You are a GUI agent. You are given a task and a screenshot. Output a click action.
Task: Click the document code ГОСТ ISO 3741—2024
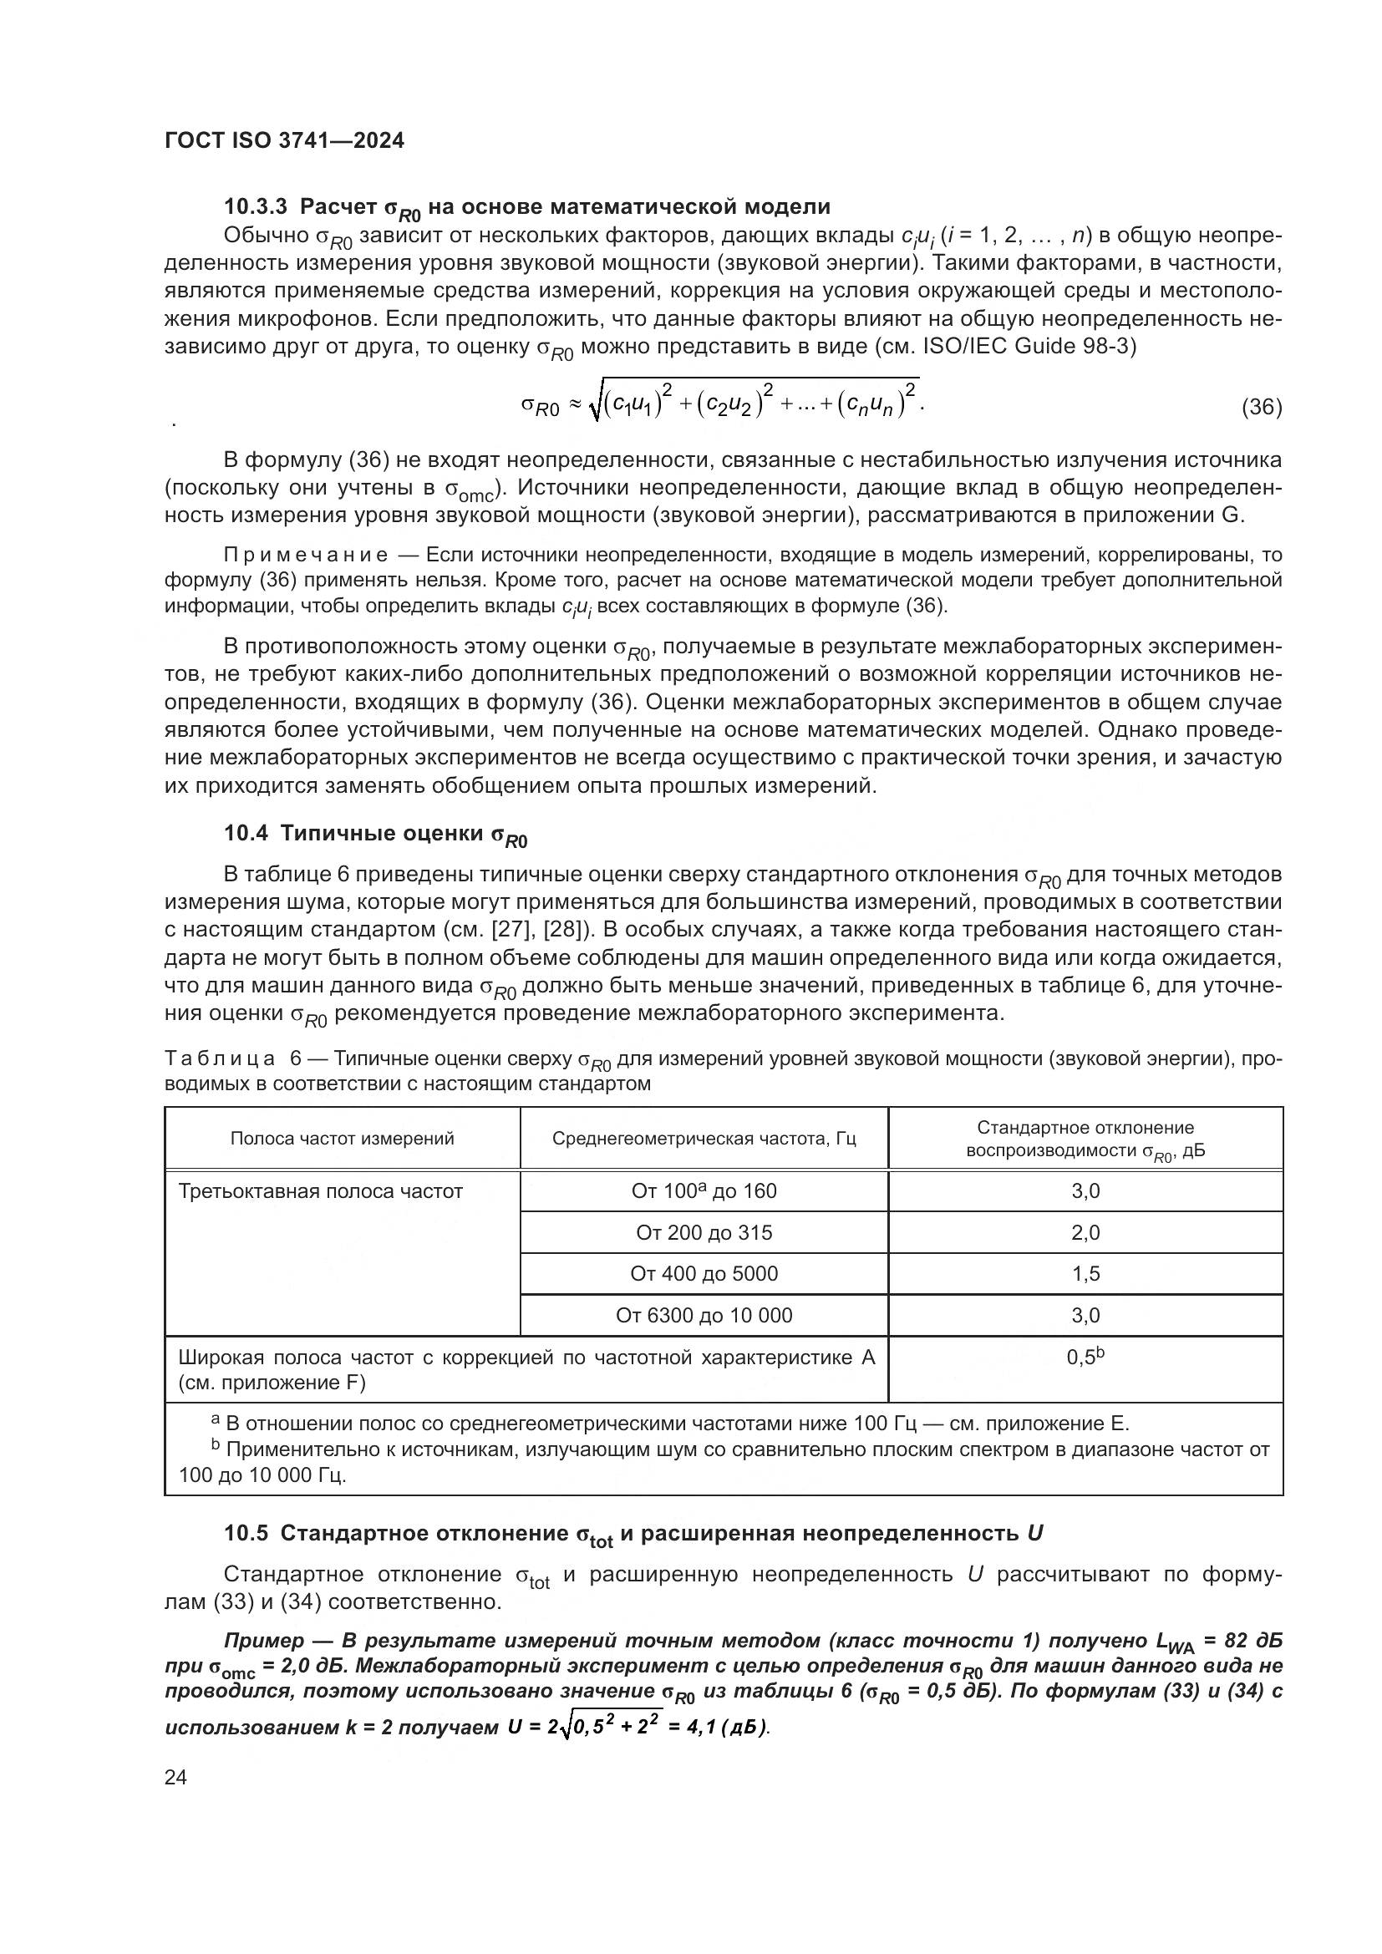(284, 141)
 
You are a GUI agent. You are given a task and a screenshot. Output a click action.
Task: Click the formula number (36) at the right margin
(1261, 407)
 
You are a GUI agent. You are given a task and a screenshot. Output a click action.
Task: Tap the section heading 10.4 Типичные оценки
(375, 834)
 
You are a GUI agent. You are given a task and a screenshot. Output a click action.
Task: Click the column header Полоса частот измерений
(342, 1139)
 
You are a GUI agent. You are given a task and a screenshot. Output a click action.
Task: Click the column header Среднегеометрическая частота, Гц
(704, 1139)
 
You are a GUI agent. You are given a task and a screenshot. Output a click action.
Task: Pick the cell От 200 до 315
(704, 1232)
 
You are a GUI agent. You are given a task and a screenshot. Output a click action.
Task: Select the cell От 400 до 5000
(704, 1274)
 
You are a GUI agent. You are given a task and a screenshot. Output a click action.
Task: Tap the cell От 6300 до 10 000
(704, 1316)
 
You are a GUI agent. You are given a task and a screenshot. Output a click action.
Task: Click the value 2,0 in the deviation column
(1085, 1232)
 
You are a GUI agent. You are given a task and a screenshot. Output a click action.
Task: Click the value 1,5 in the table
(1085, 1274)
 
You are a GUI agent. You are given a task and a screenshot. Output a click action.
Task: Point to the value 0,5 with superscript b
(1084, 1358)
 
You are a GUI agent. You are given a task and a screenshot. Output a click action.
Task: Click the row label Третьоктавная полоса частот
(320, 1191)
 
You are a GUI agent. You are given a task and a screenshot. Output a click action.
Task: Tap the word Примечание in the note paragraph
(306, 556)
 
